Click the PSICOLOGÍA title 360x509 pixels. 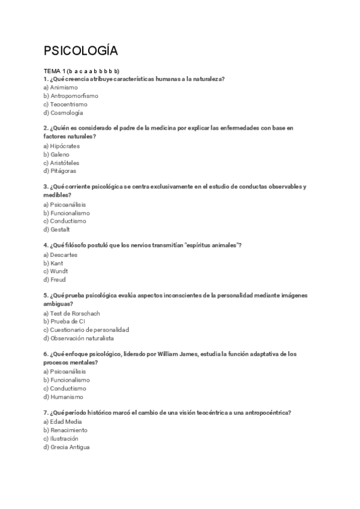tap(81, 50)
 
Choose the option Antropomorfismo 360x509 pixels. tap(71, 95)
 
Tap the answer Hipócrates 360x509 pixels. tap(61, 146)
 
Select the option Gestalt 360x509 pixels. tap(56, 229)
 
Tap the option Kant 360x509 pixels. tap(54, 263)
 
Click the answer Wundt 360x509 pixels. tap(56, 271)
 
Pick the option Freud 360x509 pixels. tap(55, 280)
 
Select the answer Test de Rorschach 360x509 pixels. tap(71, 313)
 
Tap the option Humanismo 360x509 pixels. tap(63, 397)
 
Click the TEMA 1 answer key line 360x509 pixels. tap(82, 71)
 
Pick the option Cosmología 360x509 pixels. tap(63, 112)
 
